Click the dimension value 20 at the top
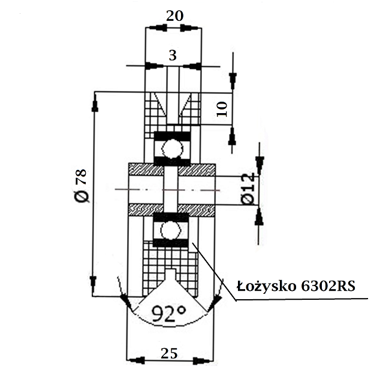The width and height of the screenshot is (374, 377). (x=174, y=16)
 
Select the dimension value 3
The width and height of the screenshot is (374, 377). (x=173, y=56)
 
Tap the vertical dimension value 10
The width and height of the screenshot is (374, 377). (x=221, y=108)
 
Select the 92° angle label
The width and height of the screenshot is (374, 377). (x=168, y=314)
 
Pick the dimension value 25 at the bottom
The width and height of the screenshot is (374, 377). (x=170, y=353)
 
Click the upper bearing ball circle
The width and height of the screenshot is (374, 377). (x=172, y=148)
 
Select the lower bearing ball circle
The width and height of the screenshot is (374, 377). (x=171, y=229)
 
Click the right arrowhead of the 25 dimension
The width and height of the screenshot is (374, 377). (x=205, y=360)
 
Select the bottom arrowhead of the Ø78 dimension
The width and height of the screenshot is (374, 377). (x=94, y=287)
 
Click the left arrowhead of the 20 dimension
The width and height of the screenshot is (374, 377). (x=155, y=28)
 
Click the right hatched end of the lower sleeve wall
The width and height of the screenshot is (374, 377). (x=197, y=209)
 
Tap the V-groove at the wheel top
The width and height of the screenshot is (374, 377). (x=172, y=105)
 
